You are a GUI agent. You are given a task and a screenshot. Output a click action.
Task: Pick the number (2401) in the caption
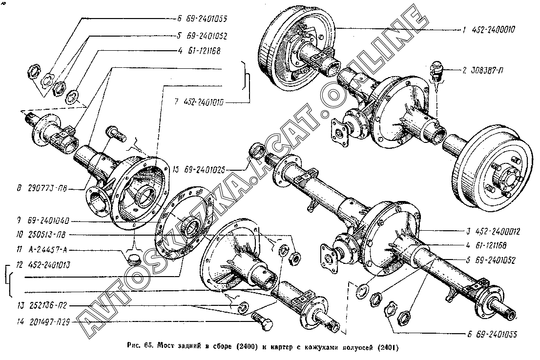coord(388,348)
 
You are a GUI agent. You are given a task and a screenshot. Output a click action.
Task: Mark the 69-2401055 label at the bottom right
coord(493,335)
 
